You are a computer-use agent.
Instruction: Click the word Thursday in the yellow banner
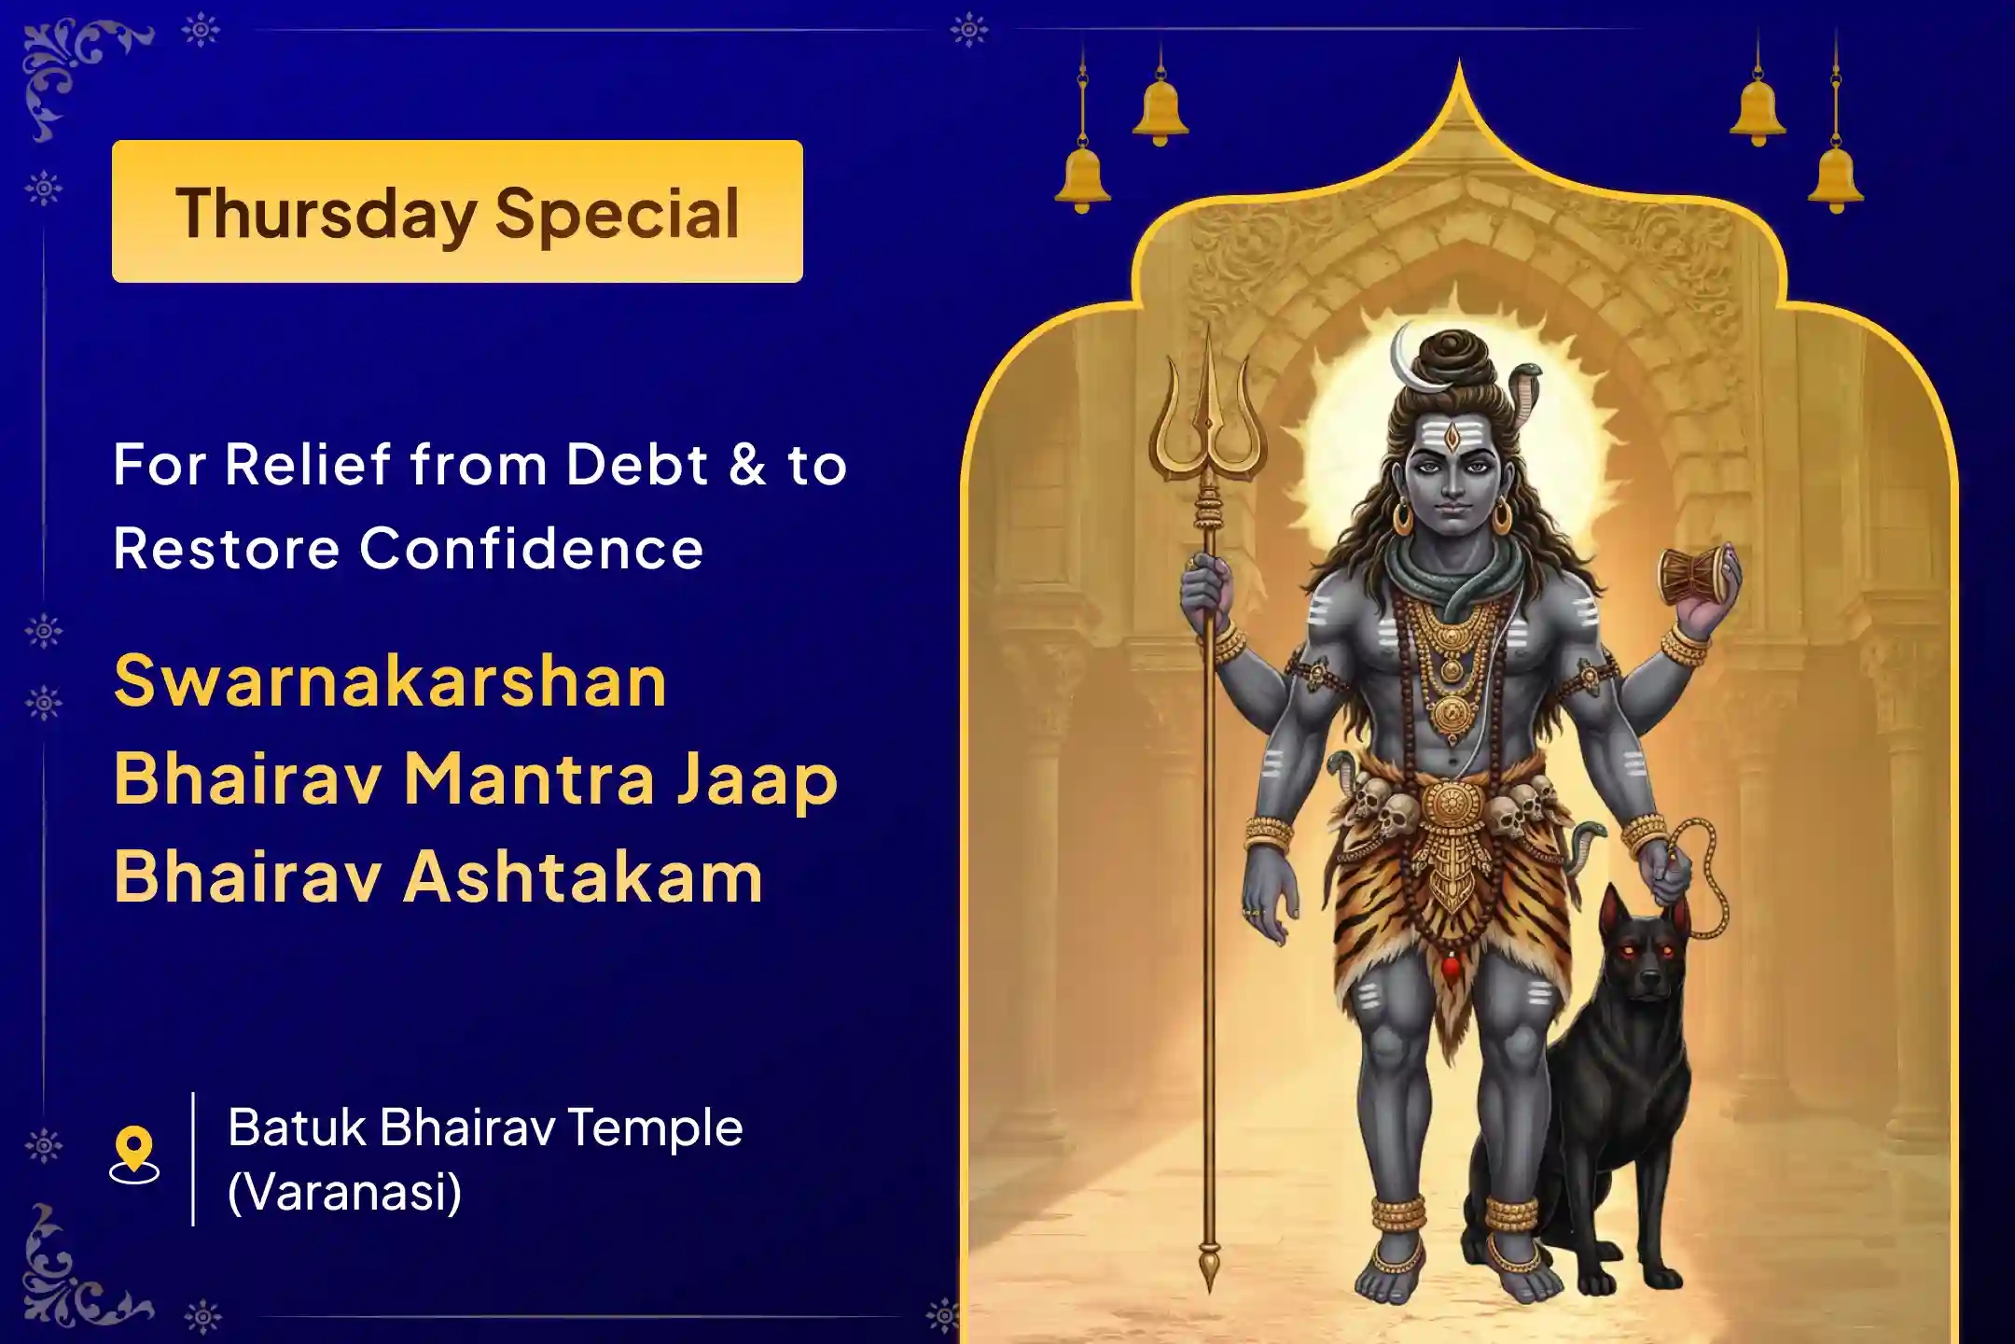click(326, 214)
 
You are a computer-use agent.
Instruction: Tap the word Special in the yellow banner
click(618, 214)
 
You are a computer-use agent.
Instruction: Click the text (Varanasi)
click(344, 1192)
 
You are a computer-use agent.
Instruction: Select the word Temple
click(655, 1127)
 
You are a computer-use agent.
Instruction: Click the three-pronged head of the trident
click(1208, 411)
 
